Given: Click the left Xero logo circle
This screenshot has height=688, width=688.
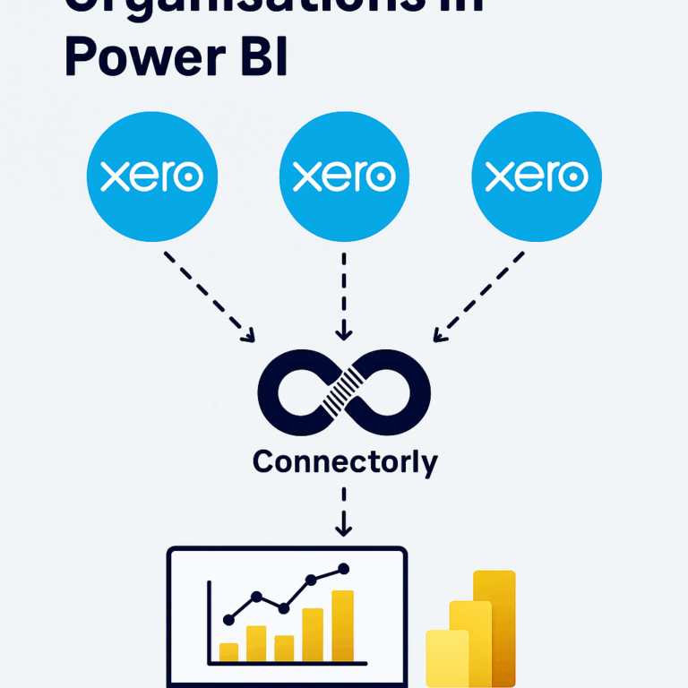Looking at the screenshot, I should click(x=151, y=177).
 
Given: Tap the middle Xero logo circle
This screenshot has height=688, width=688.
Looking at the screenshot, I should click(x=344, y=177).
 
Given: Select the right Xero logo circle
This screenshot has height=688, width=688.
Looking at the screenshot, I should click(x=537, y=177).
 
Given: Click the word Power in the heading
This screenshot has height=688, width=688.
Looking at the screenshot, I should click(x=142, y=56).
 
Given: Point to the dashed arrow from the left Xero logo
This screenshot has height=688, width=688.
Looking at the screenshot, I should click(x=210, y=297).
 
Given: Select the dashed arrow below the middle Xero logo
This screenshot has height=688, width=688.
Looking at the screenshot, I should click(x=344, y=296).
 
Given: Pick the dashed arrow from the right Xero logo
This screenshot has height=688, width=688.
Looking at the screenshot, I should click(x=479, y=297).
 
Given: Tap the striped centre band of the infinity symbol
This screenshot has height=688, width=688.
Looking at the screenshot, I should click(x=344, y=392).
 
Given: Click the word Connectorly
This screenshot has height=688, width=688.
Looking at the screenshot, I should click(x=345, y=461).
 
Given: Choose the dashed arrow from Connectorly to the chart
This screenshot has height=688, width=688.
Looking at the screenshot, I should click(x=344, y=512).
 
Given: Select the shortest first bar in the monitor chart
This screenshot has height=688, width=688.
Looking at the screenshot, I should click(x=229, y=651).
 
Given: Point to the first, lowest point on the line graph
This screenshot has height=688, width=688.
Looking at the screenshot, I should click(x=228, y=619).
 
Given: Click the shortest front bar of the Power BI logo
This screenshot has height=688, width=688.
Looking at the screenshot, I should click(x=446, y=658).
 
